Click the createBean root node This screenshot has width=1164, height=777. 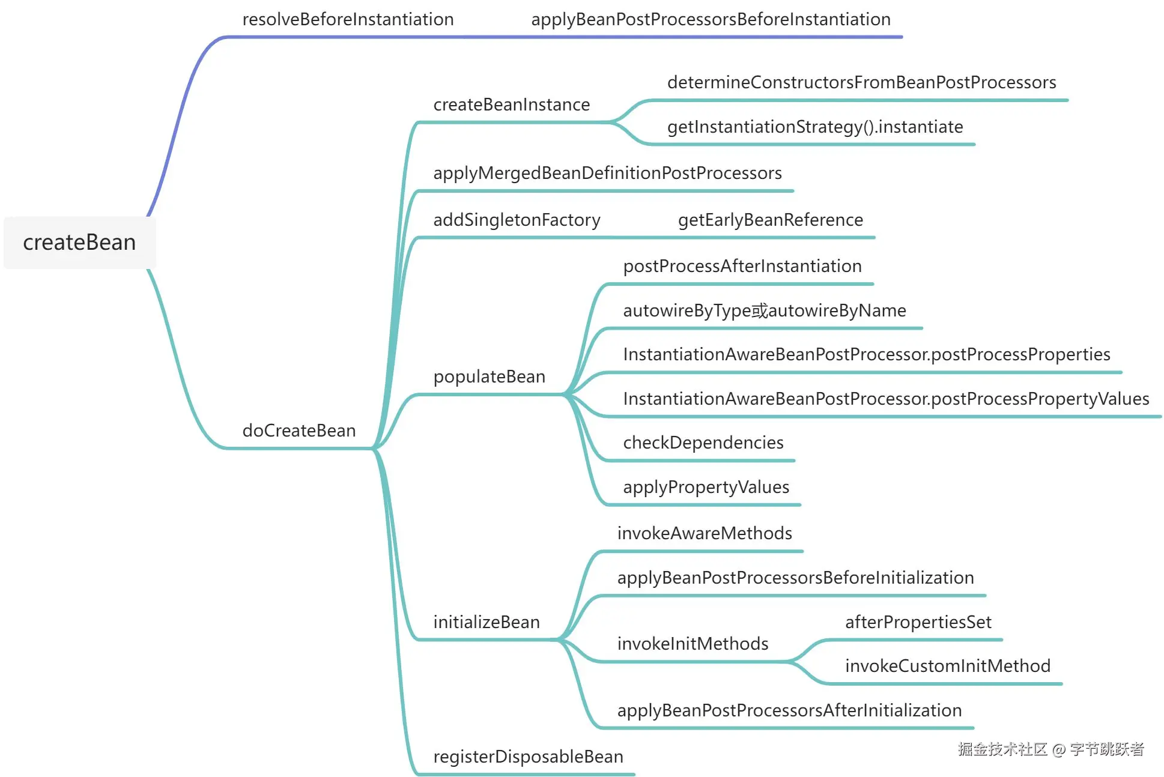pyautogui.click(x=79, y=243)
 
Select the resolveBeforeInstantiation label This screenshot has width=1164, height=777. pyautogui.click(x=348, y=20)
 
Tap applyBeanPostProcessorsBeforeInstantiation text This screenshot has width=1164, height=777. pyautogui.click(x=711, y=20)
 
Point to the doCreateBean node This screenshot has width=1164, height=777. pyautogui.click(x=299, y=431)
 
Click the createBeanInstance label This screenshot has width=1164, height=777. pyautogui.click(x=511, y=105)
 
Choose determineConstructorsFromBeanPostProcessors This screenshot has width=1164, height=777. pyautogui.click(x=861, y=83)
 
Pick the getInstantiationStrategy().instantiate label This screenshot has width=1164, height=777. pyautogui.click(x=815, y=127)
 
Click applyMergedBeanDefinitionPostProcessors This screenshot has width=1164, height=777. pyautogui.click(x=607, y=174)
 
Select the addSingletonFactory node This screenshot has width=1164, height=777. pyautogui.click(x=517, y=220)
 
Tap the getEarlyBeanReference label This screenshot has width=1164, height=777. pyautogui.click(x=770, y=220)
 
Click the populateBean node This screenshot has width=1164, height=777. pyautogui.click(x=489, y=377)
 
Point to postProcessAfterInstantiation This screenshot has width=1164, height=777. pyautogui.click(x=742, y=267)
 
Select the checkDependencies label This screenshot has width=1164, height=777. pyautogui.click(x=703, y=443)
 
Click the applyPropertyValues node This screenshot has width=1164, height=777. pyautogui.click(x=706, y=487)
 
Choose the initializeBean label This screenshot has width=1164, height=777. pyautogui.click(x=487, y=623)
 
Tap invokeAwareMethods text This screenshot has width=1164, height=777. pyautogui.click(x=705, y=534)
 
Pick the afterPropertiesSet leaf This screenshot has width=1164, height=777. pyautogui.click(x=918, y=623)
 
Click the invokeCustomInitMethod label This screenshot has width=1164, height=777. pyautogui.click(x=947, y=667)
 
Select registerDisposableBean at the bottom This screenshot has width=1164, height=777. pyautogui.click(x=528, y=757)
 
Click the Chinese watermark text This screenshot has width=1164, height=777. pyautogui.click(x=1050, y=749)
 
